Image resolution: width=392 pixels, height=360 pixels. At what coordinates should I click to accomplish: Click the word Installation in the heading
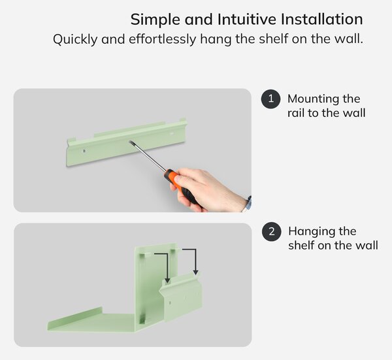[321, 19]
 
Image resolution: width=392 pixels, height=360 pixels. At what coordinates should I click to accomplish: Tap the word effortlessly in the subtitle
[163, 39]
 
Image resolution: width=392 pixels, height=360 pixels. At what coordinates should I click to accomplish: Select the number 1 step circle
[270, 99]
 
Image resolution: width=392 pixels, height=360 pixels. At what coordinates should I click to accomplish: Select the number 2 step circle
[272, 231]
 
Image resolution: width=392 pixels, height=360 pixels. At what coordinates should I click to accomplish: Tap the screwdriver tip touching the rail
[130, 142]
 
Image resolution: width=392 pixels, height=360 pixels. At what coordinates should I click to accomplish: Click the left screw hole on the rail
[84, 151]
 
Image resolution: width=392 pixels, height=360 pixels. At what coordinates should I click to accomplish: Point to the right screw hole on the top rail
[172, 134]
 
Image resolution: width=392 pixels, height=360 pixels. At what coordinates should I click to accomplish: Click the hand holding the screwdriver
[210, 190]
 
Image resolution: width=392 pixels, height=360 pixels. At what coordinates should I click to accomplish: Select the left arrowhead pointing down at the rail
[167, 280]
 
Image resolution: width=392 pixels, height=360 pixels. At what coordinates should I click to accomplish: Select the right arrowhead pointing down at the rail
[196, 272]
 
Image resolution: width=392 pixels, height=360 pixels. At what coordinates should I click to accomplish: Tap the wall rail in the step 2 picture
[181, 295]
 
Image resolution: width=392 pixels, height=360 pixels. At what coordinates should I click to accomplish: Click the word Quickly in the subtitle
[75, 39]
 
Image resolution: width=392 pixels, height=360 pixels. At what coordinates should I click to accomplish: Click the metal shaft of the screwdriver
[148, 156]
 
